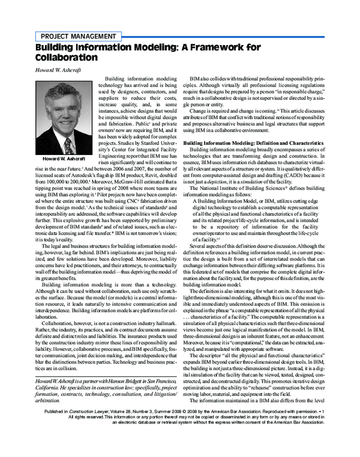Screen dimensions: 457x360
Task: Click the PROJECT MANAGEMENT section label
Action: [x=78, y=36]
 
